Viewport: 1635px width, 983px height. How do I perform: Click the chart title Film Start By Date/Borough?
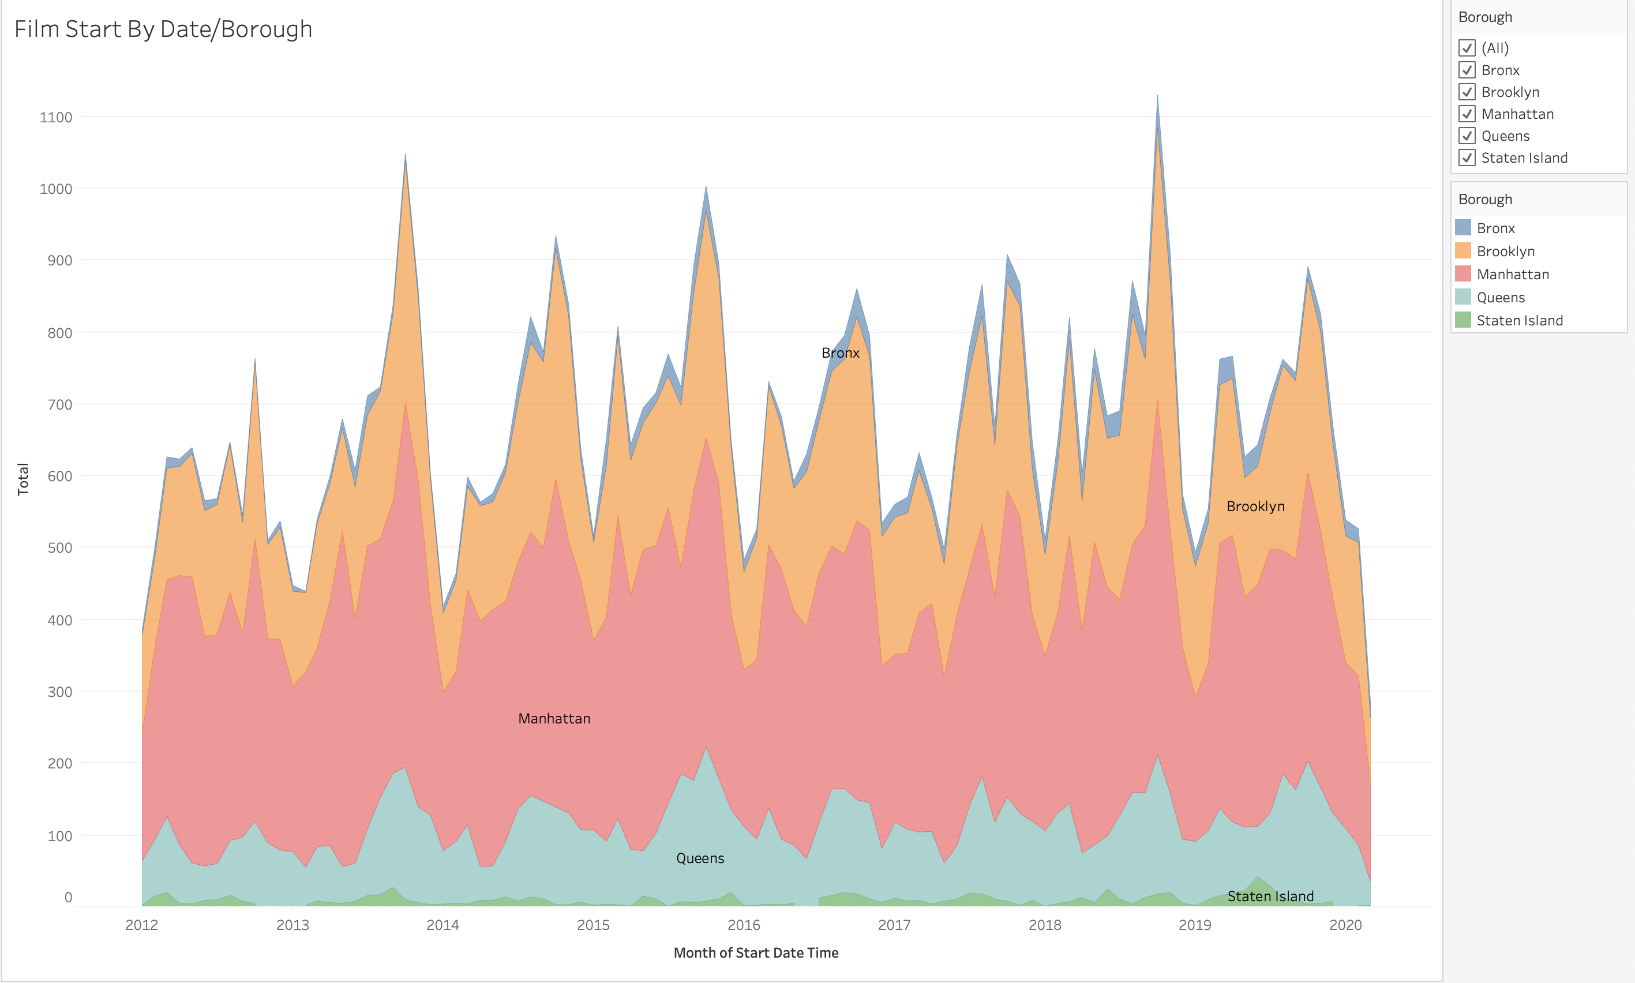point(163,29)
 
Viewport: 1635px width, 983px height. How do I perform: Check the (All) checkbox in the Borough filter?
point(1467,48)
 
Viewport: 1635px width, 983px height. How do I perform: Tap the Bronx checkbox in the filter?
point(1467,70)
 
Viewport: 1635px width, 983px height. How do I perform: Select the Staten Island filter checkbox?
point(1467,157)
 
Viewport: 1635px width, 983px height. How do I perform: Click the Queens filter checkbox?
point(1467,136)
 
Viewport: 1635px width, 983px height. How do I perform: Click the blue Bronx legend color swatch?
point(1462,228)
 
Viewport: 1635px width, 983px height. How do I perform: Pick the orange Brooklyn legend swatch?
point(1462,251)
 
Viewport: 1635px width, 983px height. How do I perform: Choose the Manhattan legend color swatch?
point(1462,273)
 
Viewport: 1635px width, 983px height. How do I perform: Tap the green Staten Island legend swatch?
point(1462,320)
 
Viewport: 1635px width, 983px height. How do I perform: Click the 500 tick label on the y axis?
point(59,548)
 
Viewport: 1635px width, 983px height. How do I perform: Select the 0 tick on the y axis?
point(68,898)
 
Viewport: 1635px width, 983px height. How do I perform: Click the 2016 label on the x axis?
point(743,925)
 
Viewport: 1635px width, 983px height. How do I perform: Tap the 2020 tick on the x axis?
point(1345,925)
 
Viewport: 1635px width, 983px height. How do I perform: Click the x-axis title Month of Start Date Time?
point(756,952)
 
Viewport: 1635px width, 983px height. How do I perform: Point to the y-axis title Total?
point(23,479)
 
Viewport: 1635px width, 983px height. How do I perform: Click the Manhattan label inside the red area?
point(554,719)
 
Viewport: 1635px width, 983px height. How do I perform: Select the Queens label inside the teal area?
point(700,858)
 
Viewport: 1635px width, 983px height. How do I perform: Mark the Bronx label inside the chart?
point(840,353)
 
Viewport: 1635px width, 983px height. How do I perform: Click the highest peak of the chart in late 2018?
point(1157,97)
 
